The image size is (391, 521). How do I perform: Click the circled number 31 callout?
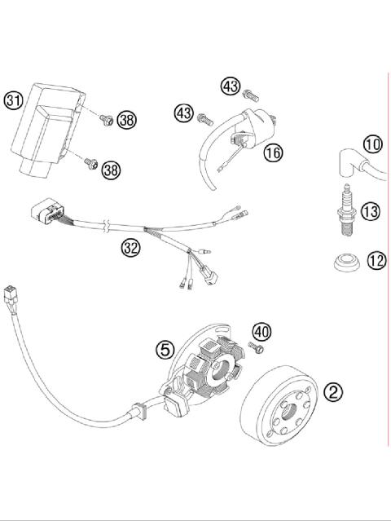[12, 101]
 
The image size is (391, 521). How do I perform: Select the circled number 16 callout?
[272, 152]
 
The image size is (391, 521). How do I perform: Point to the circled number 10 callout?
[372, 145]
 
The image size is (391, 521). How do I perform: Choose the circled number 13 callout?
[370, 212]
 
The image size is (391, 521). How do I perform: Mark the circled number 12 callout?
[375, 263]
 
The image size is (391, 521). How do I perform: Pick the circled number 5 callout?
[165, 350]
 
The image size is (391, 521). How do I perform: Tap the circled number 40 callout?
[261, 332]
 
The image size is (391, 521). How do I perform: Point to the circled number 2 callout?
[332, 391]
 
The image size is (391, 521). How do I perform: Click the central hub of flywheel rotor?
[288, 415]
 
